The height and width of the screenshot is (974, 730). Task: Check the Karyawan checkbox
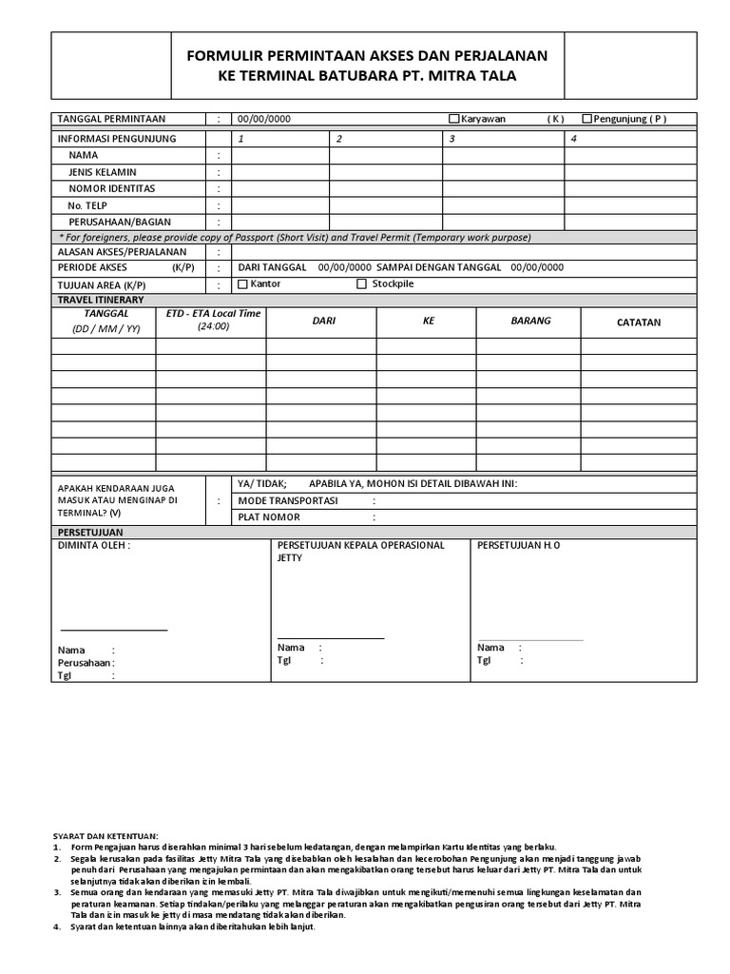pyautogui.click(x=454, y=119)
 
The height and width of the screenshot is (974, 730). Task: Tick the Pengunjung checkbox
pyautogui.click(x=586, y=119)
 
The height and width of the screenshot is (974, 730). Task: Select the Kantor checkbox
pyautogui.click(x=242, y=283)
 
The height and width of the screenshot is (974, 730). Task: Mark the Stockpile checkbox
pyautogui.click(x=362, y=283)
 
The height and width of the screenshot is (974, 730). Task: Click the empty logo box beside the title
pyautogui.click(x=111, y=66)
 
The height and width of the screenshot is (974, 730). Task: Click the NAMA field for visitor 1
pyautogui.click(x=279, y=155)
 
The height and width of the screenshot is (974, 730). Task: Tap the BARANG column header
pyautogui.click(x=530, y=321)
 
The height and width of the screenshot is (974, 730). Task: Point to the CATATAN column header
pyautogui.click(x=638, y=322)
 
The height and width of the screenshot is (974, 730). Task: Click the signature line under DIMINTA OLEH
pyautogui.click(x=114, y=630)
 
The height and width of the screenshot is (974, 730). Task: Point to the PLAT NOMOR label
pyautogui.click(x=269, y=517)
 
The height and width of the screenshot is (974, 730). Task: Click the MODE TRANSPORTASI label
pyautogui.click(x=287, y=500)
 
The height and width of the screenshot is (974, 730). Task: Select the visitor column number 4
pyautogui.click(x=573, y=138)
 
